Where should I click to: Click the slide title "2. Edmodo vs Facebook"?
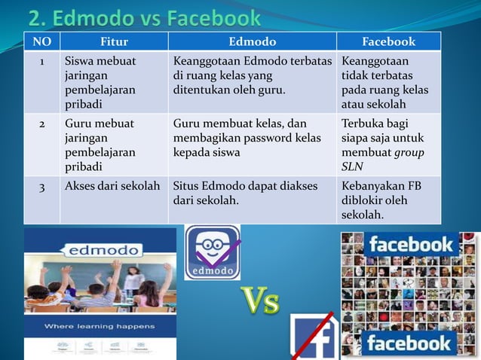click(144, 17)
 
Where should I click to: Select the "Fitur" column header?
click(114, 41)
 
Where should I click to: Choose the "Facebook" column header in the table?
click(389, 41)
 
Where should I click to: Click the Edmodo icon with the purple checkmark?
click(213, 253)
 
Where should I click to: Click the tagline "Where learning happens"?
click(100, 326)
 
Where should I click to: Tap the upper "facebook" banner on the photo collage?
click(410, 244)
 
